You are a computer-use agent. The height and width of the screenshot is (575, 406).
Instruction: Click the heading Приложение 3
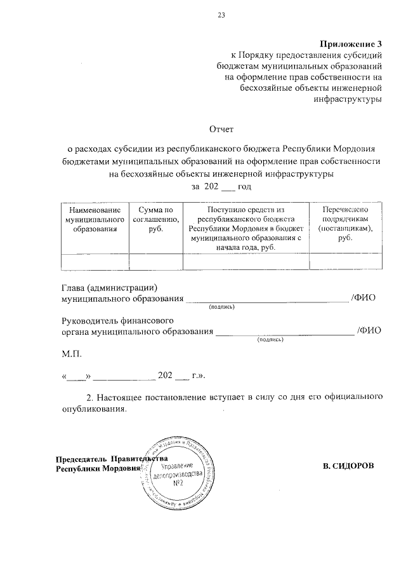tap(351, 44)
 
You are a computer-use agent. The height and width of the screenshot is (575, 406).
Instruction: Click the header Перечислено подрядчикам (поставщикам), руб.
tap(345, 222)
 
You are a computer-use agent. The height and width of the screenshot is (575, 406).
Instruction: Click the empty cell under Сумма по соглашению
tap(155, 261)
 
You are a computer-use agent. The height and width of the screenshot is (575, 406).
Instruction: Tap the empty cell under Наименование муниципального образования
tap(95, 261)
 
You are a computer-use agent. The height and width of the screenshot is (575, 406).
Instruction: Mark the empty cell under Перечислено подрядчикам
tap(345, 261)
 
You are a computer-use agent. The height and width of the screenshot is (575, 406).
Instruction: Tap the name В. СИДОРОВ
tap(348, 466)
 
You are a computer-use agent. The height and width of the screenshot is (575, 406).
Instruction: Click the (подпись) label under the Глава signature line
tap(221, 308)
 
